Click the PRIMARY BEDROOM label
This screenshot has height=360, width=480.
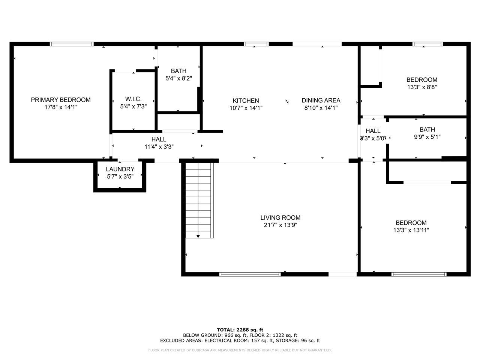(61, 100)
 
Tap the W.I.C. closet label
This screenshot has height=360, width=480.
(133, 99)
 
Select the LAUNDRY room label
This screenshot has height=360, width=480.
(120, 169)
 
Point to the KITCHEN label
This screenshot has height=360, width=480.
(246, 100)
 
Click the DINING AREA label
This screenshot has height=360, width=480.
(321, 100)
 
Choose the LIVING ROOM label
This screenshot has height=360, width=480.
(280, 217)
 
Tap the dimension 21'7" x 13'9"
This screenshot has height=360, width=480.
(280, 225)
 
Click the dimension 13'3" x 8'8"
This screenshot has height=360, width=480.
(422, 87)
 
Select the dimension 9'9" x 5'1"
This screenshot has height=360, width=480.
(427, 137)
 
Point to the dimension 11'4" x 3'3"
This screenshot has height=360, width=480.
(159, 147)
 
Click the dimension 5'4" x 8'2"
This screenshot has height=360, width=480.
(178, 78)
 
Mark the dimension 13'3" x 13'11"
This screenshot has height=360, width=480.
(411, 230)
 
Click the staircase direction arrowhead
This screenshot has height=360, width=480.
(198, 236)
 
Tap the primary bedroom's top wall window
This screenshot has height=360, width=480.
(72, 44)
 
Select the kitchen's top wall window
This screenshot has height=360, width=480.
(256, 44)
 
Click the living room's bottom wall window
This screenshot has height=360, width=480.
(250, 274)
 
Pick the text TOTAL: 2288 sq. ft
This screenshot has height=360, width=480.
(240, 330)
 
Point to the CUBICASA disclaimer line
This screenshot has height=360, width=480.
(240, 350)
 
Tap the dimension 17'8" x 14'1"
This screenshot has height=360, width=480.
(61, 107)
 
